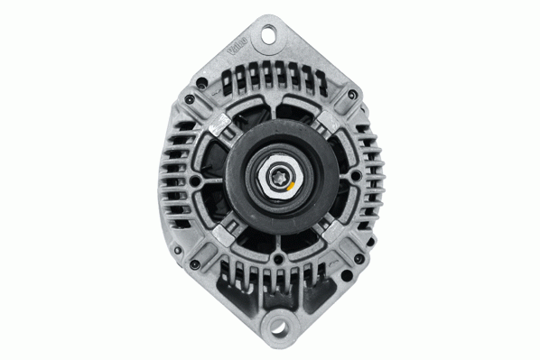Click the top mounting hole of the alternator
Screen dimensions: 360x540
coord(268,36)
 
